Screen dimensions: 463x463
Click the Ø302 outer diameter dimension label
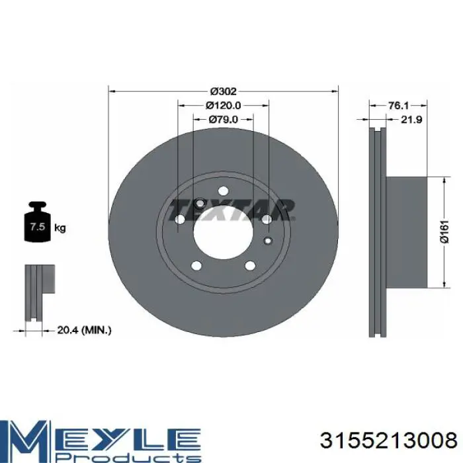224,91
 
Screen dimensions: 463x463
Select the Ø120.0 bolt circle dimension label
224,105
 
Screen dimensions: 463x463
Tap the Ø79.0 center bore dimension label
224,119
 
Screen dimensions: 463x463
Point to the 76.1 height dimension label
398,105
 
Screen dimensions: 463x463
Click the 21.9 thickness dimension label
411,119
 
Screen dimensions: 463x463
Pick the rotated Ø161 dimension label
444,232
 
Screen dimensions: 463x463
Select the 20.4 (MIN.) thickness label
84,330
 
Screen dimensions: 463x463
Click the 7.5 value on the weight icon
38,227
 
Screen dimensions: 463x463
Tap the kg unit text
60,228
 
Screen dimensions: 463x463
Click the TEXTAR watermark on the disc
232,210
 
